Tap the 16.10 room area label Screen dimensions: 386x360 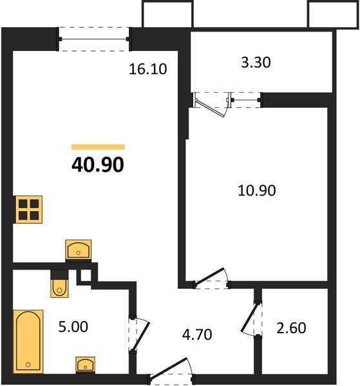[x=148, y=69]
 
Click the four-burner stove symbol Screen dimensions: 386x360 [x=28, y=210]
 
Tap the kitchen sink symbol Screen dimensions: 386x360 [x=79, y=250]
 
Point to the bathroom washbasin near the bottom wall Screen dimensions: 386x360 [x=85, y=364]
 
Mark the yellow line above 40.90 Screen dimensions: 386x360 [x=98, y=147]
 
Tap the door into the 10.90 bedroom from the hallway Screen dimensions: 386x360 [x=213, y=279]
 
